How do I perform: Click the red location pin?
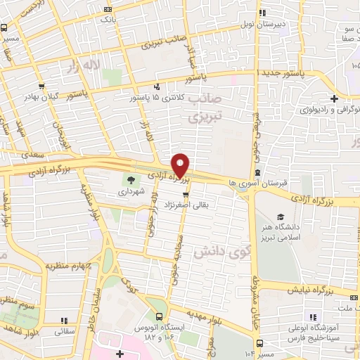click(x=180, y=165)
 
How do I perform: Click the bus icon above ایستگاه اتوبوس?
click(x=160, y=316)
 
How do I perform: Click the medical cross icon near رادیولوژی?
click(x=335, y=98)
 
